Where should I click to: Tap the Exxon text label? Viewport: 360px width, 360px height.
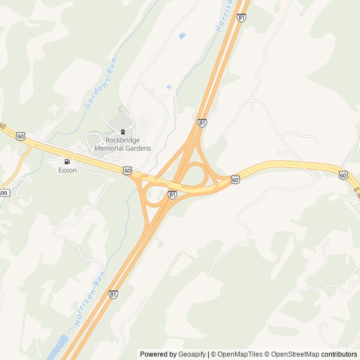point(67,170)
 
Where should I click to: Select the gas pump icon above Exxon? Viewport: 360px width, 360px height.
point(67,161)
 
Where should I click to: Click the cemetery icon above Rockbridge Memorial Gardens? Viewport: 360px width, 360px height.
point(123,132)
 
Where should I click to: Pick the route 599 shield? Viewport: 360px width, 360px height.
point(3,193)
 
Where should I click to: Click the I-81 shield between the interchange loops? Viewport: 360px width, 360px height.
point(172,195)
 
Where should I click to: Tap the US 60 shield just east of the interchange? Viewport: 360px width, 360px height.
point(235,179)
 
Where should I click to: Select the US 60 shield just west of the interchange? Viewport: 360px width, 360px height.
point(127,170)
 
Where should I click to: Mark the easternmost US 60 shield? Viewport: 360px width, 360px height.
point(343,175)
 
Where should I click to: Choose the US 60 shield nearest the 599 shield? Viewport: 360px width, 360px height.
point(21,136)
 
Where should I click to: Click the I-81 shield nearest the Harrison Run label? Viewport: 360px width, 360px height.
point(114,294)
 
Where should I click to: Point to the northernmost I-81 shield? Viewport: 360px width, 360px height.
point(241,17)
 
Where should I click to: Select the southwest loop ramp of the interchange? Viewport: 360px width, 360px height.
point(154,196)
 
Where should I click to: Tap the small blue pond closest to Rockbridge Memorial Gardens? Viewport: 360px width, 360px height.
point(169,87)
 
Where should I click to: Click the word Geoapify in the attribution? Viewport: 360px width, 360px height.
point(192,354)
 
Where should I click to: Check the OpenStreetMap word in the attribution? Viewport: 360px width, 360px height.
point(295,354)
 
